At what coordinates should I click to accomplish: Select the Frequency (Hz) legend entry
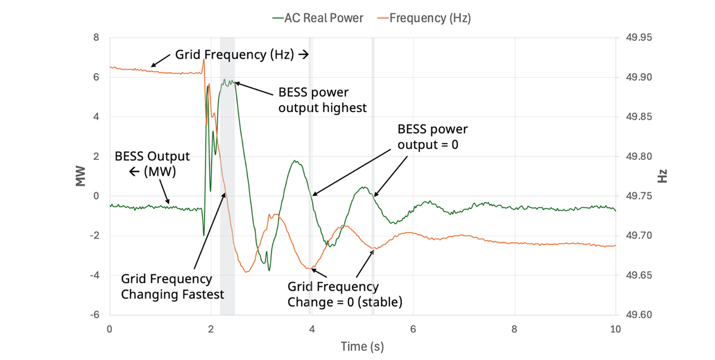(x=430, y=18)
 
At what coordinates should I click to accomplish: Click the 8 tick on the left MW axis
(x=96, y=38)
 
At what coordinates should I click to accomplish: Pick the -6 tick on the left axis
(x=95, y=315)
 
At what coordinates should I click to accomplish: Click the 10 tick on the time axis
(x=615, y=329)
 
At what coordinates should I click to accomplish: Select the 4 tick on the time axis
(x=312, y=329)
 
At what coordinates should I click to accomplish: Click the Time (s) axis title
(x=362, y=346)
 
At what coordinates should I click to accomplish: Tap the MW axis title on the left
(x=80, y=176)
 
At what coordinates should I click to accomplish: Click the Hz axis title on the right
(x=662, y=176)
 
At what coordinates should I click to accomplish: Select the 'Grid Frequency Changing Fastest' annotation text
(x=172, y=286)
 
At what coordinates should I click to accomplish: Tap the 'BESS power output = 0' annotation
(x=432, y=136)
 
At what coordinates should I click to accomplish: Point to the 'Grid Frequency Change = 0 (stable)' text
(x=345, y=294)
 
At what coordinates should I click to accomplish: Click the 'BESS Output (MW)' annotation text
(x=152, y=163)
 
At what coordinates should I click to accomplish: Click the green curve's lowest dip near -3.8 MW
(x=269, y=270)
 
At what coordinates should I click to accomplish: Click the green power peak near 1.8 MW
(x=295, y=161)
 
